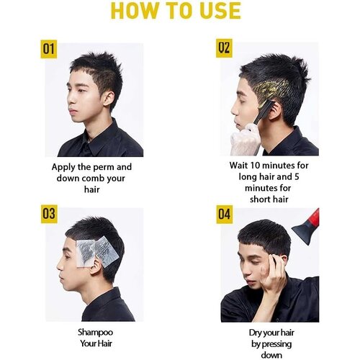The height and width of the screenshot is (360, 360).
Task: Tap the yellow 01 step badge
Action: click(x=49, y=49)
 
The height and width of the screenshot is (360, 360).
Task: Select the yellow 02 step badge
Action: click(x=224, y=48)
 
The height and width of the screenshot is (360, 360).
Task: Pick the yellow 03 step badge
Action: click(x=49, y=214)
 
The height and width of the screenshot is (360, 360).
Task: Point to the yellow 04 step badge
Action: click(x=225, y=215)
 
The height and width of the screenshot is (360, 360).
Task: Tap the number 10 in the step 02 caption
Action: click(x=255, y=166)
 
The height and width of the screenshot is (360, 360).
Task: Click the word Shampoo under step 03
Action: click(x=95, y=333)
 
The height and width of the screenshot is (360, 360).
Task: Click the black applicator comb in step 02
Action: click(x=264, y=112)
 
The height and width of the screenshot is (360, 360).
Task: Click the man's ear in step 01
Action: click(x=109, y=99)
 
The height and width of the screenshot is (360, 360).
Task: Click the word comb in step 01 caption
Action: click(x=93, y=179)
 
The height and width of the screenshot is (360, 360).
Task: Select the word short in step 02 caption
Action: click(x=261, y=199)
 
